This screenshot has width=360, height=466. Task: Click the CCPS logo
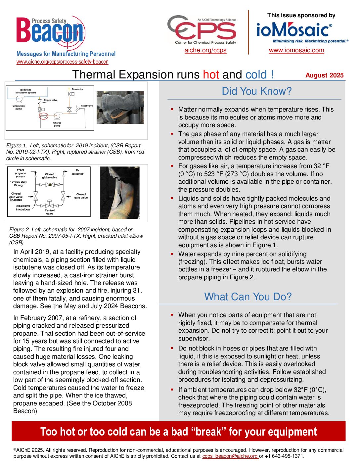tap(202, 30)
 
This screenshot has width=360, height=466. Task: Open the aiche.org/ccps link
tap(205, 50)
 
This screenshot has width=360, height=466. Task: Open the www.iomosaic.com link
tap(296, 50)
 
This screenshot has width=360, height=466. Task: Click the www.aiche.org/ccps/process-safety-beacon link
tap(63, 62)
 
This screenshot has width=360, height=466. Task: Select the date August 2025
tap(324, 75)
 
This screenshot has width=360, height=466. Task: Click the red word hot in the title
tap(211, 74)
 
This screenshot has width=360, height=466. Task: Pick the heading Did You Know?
tap(257, 91)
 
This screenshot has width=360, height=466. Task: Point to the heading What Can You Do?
tap(248, 297)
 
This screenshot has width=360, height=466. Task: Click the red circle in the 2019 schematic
tap(44, 116)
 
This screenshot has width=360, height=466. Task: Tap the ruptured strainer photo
tap(120, 108)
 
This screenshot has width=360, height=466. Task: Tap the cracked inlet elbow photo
tap(120, 193)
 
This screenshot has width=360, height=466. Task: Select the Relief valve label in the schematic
tap(87, 106)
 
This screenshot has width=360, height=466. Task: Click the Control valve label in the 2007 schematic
tap(50, 212)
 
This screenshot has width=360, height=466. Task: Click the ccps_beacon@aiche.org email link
tap(230, 456)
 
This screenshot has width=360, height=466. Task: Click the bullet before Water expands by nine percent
tap(172, 254)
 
